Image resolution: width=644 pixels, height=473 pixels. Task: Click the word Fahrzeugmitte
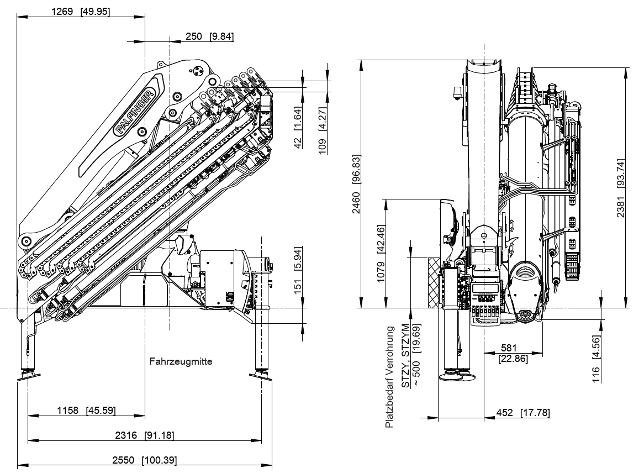pos(181,362)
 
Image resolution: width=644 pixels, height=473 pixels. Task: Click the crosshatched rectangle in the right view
pos(434,282)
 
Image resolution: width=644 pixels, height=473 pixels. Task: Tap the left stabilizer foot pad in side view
pos(28,376)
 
